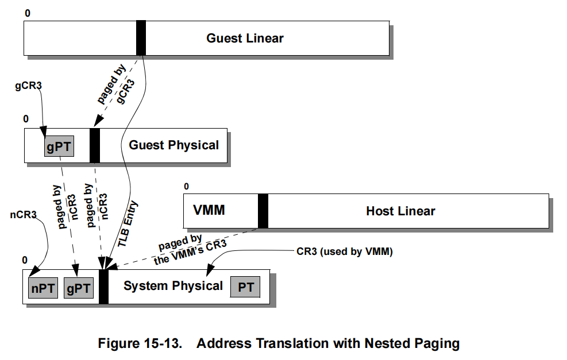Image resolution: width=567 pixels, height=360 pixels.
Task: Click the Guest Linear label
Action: point(245,38)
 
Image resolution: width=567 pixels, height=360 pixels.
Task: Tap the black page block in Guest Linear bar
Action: point(141,38)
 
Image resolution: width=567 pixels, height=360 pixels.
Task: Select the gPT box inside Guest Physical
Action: point(59,146)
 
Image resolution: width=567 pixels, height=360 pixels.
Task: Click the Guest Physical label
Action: point(173,145)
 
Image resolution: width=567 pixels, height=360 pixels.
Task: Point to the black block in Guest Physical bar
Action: point(95,145)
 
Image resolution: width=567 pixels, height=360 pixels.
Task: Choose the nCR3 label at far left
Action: point(23,215)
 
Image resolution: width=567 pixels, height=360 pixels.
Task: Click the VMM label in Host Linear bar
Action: point(209,211)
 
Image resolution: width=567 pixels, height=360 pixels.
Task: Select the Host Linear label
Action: point(400,211)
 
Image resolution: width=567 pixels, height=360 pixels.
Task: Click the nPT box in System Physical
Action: point(43,288)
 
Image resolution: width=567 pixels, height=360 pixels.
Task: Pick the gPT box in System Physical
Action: point(78,288)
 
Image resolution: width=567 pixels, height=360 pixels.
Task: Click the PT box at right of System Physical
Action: point(245,287)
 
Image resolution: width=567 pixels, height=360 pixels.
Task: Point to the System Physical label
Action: point(173,286)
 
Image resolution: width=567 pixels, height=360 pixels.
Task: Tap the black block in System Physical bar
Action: point(104,287)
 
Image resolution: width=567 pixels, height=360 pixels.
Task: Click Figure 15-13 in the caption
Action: point(140,343)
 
